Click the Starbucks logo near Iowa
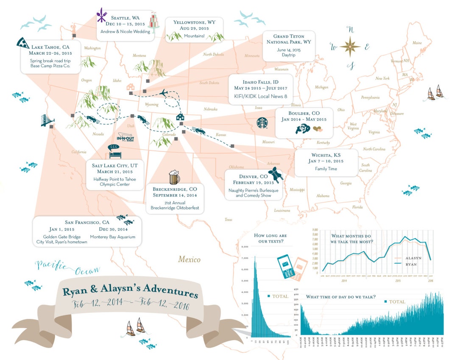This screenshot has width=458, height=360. coord(263,123)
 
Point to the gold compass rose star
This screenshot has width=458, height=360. coord(350,46)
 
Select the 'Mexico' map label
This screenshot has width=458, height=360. coord(189,259)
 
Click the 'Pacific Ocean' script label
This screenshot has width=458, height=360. coord(68,268)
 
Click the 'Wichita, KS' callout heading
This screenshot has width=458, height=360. coord(326,155)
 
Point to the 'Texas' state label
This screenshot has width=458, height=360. coord(229,220)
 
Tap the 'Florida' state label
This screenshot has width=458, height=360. coord(357,207)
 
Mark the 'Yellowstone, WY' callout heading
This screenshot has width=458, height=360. coord(195,22)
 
